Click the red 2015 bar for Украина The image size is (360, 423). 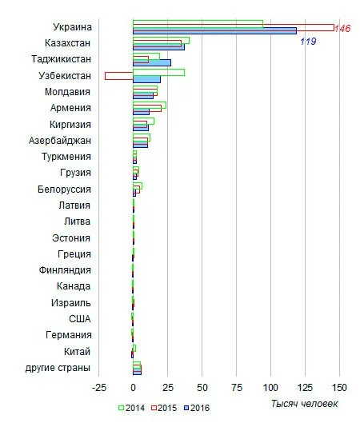point(234,27)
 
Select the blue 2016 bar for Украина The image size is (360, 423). point(214,31)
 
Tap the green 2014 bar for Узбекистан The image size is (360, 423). point(158,72)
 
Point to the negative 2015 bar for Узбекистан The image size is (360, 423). point(119,76)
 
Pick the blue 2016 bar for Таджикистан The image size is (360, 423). point(152,63)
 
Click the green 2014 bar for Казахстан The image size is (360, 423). point(161,40)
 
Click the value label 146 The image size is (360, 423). point(342,28)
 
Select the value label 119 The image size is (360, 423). point(308,42)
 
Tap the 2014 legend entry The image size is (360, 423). point(132,408)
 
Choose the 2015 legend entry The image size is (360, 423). point(164,408)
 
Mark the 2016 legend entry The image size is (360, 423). point(197,408)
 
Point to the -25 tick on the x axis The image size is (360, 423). point(99,388)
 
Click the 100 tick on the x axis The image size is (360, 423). point(270,388)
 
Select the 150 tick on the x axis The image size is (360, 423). point(339,388)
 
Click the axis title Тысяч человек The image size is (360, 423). point(304,404)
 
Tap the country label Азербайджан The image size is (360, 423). point(60,141)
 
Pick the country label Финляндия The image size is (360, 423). point(65,270)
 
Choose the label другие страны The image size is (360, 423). point(58,368)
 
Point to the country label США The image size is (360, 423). point(80,319)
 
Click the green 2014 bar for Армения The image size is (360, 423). point(150,105)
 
